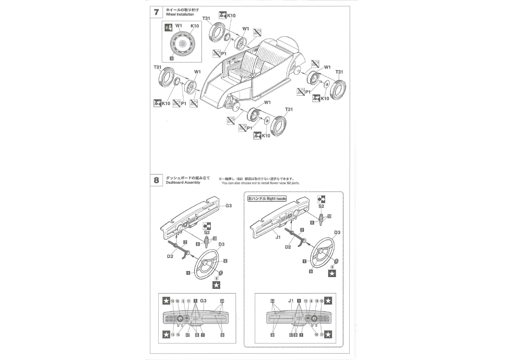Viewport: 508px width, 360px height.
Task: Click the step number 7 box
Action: pyautogui.click(x=157, y=12)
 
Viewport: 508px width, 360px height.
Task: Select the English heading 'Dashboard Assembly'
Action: pyautogui.click(x=183, y=183)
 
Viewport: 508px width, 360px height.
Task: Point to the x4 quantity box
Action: pyautogui.click(x=168, y=28)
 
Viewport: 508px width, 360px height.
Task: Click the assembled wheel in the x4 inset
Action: pyautogui.click(x=182, y=44)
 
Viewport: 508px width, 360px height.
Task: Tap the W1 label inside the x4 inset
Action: pyautogui.click(x=178, y=26)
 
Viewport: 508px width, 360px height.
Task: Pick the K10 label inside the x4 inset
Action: pyautogui.click(x=195, y=26)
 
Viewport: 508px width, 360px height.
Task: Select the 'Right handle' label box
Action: pyautogui.click(x=267, y=199)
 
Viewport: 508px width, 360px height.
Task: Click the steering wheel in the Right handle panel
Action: pyautogui.click(x=323, y=254)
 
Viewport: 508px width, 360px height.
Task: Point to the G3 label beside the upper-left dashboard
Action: pyautogui.click(x=229, y=206)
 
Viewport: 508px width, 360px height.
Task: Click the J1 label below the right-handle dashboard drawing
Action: pyautogui.click(x=278, y=238)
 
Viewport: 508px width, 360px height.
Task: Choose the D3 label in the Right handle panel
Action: pyautogui.click(x=338, y=232)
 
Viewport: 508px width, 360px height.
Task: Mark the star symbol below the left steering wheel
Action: pyautogui.click(x=216, y=285)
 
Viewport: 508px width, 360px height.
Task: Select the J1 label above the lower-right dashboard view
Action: pyautogui.click(x=291, y=301)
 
